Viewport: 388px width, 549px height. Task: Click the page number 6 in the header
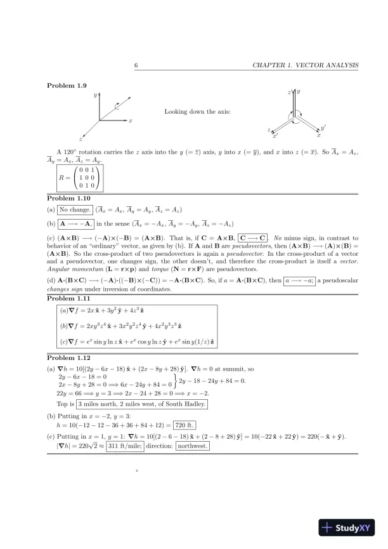click(x=136, y=65)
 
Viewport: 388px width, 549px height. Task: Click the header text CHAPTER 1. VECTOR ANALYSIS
click(x=306, y=65)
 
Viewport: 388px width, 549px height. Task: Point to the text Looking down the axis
click(x=197, y=112)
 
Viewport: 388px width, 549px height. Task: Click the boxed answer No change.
click(x=75, y=209)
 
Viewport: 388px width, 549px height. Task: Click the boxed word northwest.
click(x=193, y=446)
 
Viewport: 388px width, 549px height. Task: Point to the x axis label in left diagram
click(x=131, y=120)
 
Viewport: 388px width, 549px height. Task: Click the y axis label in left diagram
click(x=94, y=95)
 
